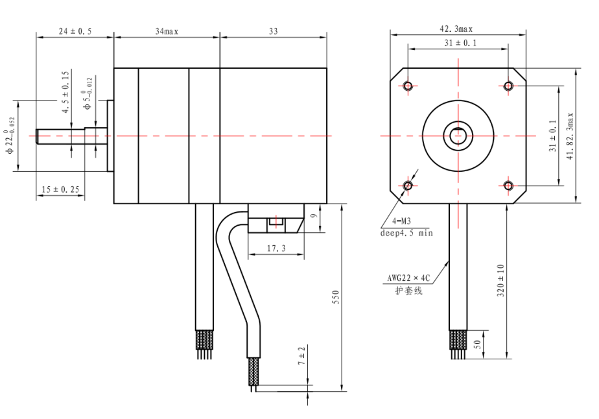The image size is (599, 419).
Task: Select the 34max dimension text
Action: coord(167,31)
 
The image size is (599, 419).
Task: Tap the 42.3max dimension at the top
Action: coord(457,29)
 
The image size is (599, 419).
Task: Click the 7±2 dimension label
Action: coord(302,356)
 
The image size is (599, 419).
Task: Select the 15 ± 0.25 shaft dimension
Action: coord(60,189)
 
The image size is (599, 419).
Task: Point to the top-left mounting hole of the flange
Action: coord(408,86)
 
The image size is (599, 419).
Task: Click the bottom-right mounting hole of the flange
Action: coord(508,186)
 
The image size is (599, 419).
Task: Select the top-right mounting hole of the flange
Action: coord(508,86)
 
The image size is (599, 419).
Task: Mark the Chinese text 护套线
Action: coord(408,291)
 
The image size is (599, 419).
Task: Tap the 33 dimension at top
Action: coord(273,31)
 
